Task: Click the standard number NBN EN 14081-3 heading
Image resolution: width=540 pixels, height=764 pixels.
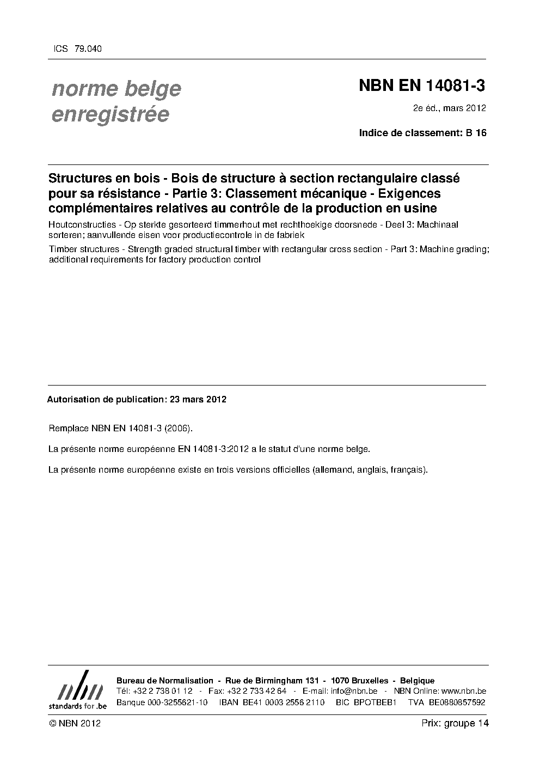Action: coord(421,86)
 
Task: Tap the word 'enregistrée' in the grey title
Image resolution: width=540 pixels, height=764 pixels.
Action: coord(110,115)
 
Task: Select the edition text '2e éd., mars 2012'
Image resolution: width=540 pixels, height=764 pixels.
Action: coord(449,108)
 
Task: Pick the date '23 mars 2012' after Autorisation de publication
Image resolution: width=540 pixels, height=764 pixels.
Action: coord(198,399)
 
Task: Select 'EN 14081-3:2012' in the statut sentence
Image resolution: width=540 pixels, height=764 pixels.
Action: coord(214,449)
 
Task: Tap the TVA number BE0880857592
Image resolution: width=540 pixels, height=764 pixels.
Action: coord(457,702)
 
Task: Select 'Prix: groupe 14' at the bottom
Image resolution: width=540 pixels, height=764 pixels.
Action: coord(455,724)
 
